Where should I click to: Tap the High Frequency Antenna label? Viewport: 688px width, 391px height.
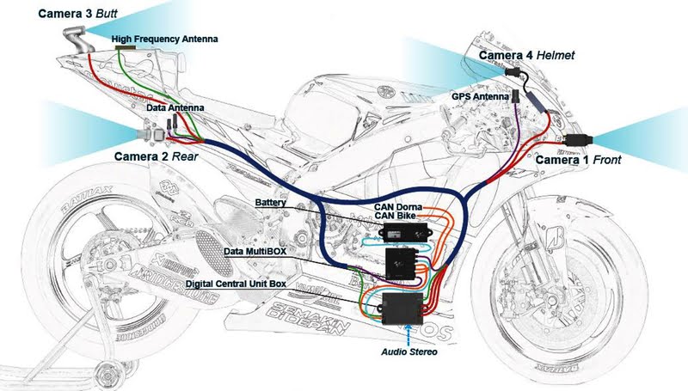(x=164, y=39)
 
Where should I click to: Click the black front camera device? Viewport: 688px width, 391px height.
(x=575, y=139)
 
